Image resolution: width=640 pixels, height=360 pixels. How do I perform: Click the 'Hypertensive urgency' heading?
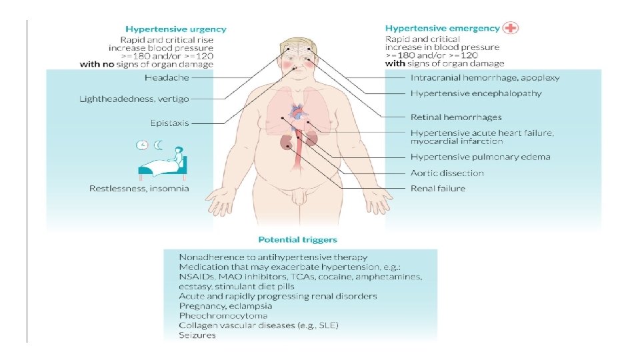176,29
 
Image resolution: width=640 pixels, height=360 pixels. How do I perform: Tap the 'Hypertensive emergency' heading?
442,29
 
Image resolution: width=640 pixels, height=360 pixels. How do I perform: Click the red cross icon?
512,28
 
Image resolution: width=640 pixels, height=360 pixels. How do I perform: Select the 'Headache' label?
167,77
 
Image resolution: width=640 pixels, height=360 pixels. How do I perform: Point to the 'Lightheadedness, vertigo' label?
135,99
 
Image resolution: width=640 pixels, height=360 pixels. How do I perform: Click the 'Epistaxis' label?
170,123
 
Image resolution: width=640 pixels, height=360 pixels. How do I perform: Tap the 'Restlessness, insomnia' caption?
139,188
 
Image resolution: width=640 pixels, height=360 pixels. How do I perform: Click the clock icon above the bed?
142,145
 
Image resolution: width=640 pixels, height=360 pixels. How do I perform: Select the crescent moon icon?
159,145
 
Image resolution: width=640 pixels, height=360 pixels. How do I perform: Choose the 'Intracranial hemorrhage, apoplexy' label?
485,77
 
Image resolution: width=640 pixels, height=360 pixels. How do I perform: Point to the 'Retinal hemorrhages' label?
456,117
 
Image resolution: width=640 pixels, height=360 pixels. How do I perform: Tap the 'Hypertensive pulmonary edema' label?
480,157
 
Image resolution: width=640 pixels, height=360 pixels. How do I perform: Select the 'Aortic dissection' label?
447,173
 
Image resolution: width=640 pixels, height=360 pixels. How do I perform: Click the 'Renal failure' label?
438,189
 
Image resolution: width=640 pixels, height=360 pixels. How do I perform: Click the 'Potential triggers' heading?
297,239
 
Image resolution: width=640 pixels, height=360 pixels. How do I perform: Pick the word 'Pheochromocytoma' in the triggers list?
223,315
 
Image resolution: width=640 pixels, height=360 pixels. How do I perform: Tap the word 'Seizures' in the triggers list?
197,335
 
